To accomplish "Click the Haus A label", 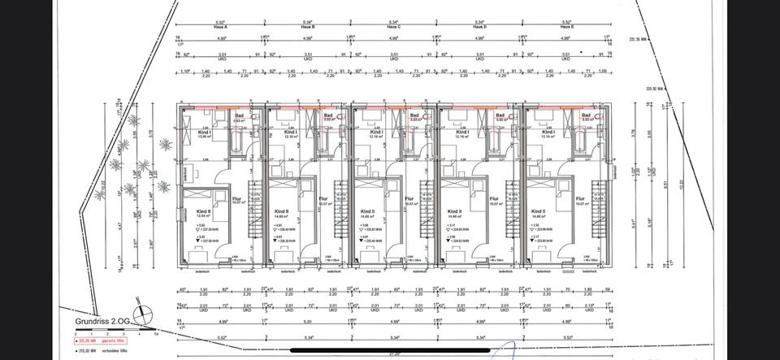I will coord(220,27).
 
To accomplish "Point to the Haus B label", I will coord(307,27).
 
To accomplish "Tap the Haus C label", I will coord(394,27).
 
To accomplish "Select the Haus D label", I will coord(480,27).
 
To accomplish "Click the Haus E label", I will coord(567,27).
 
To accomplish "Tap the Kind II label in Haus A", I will coord(203,211).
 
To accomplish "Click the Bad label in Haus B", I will coord(327,115).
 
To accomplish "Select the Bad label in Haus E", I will coord(586,115).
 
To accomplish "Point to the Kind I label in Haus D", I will coord(463,131).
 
